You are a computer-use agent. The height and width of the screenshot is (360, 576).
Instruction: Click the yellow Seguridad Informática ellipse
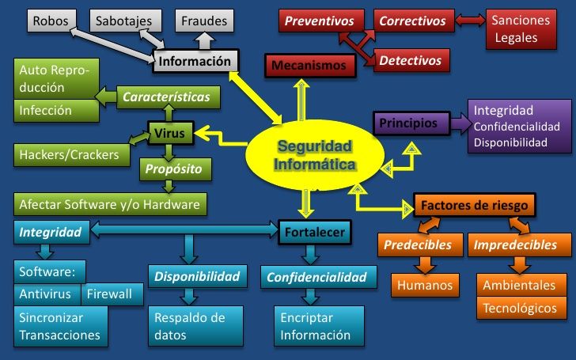315,155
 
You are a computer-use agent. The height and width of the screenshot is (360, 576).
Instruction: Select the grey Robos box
51,21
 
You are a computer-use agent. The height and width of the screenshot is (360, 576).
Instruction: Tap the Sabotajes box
125,21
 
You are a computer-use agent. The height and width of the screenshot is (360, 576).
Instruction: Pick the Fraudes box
204,21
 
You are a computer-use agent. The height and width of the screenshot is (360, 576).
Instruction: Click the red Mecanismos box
310,66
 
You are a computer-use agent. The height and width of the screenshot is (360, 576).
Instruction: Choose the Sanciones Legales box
521,29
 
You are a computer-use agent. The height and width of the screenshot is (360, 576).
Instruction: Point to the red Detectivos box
411,60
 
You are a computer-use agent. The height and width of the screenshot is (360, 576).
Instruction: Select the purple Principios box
411,123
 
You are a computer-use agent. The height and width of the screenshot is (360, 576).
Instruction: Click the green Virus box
170,133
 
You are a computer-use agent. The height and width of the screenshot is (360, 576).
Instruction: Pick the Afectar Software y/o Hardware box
110,204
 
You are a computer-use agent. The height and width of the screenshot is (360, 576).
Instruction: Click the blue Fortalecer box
315,232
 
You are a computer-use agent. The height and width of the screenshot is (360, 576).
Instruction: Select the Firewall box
112,294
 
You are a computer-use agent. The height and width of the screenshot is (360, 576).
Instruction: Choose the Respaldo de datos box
195,326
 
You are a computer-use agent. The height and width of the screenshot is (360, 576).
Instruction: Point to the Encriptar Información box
319,326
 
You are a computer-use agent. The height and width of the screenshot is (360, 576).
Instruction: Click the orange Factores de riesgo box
474,205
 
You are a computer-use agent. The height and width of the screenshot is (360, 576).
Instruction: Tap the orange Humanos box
425,285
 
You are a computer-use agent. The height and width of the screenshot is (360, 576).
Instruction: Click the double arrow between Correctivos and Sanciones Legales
470,20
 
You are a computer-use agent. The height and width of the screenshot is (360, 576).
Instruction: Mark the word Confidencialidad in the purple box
517,127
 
